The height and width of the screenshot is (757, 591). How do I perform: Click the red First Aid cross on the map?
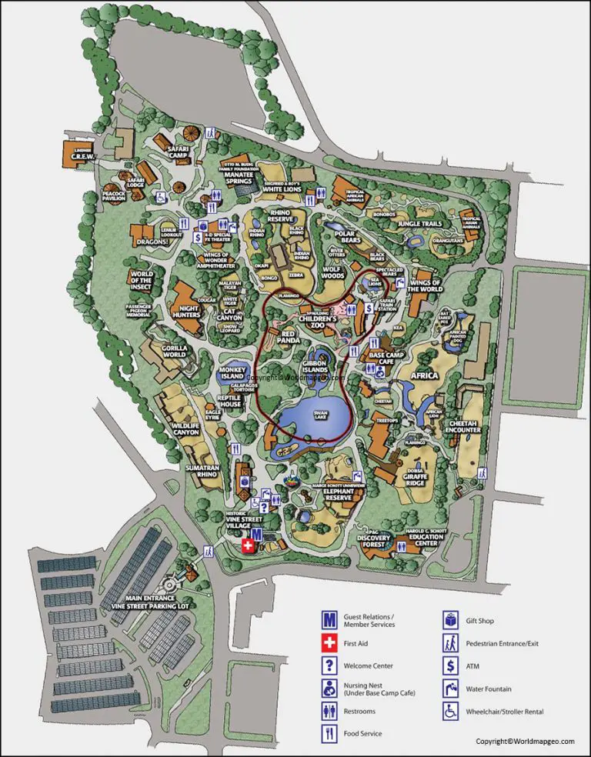[247, 545]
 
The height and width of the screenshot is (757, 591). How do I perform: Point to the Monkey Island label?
[232, 373]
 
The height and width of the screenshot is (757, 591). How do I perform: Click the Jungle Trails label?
[419, 224]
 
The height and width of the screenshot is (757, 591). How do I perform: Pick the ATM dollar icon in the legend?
[450, 666]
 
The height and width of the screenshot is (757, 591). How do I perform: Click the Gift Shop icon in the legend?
[450, 620]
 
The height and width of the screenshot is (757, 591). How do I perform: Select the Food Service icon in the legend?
[329, 735]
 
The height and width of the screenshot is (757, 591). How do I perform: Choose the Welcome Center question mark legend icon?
[329, 666]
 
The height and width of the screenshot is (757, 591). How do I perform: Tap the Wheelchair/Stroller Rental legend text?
[505, 712]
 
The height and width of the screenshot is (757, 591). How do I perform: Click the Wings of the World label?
[426, 285]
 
